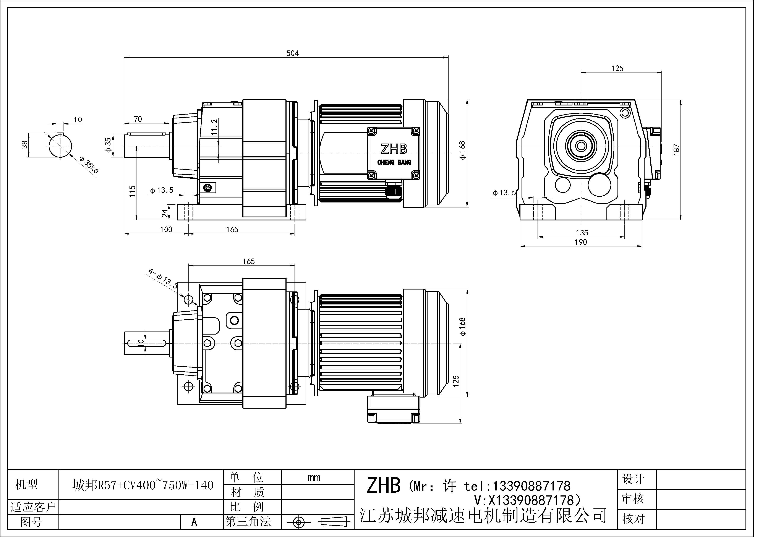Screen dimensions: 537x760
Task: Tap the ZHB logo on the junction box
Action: [x=393, y=149]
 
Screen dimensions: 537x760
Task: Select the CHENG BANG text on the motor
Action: [x=394, y=162]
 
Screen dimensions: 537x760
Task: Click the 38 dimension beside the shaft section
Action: [x=24, y=145]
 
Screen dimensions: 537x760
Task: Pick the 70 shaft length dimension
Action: [x=138, y=119]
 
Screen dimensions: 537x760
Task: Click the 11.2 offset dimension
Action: [x=214, y=127]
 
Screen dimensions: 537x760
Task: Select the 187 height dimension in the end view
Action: [x=676, y=150]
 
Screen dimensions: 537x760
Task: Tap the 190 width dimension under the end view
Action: [x=581, y=242]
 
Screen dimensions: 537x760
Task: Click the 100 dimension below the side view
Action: [x=166, y=230]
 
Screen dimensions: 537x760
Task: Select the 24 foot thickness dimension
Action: [x=165, y=214]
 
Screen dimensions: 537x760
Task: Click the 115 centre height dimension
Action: [x=132, y=191]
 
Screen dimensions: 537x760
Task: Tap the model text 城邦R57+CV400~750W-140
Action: [x=143, y=485]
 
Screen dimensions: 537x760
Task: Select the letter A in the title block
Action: [x=194, y=522]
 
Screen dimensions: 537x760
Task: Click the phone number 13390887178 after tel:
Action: [x=532, y=486]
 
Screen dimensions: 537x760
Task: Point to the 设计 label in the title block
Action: [x=633, y=479]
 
